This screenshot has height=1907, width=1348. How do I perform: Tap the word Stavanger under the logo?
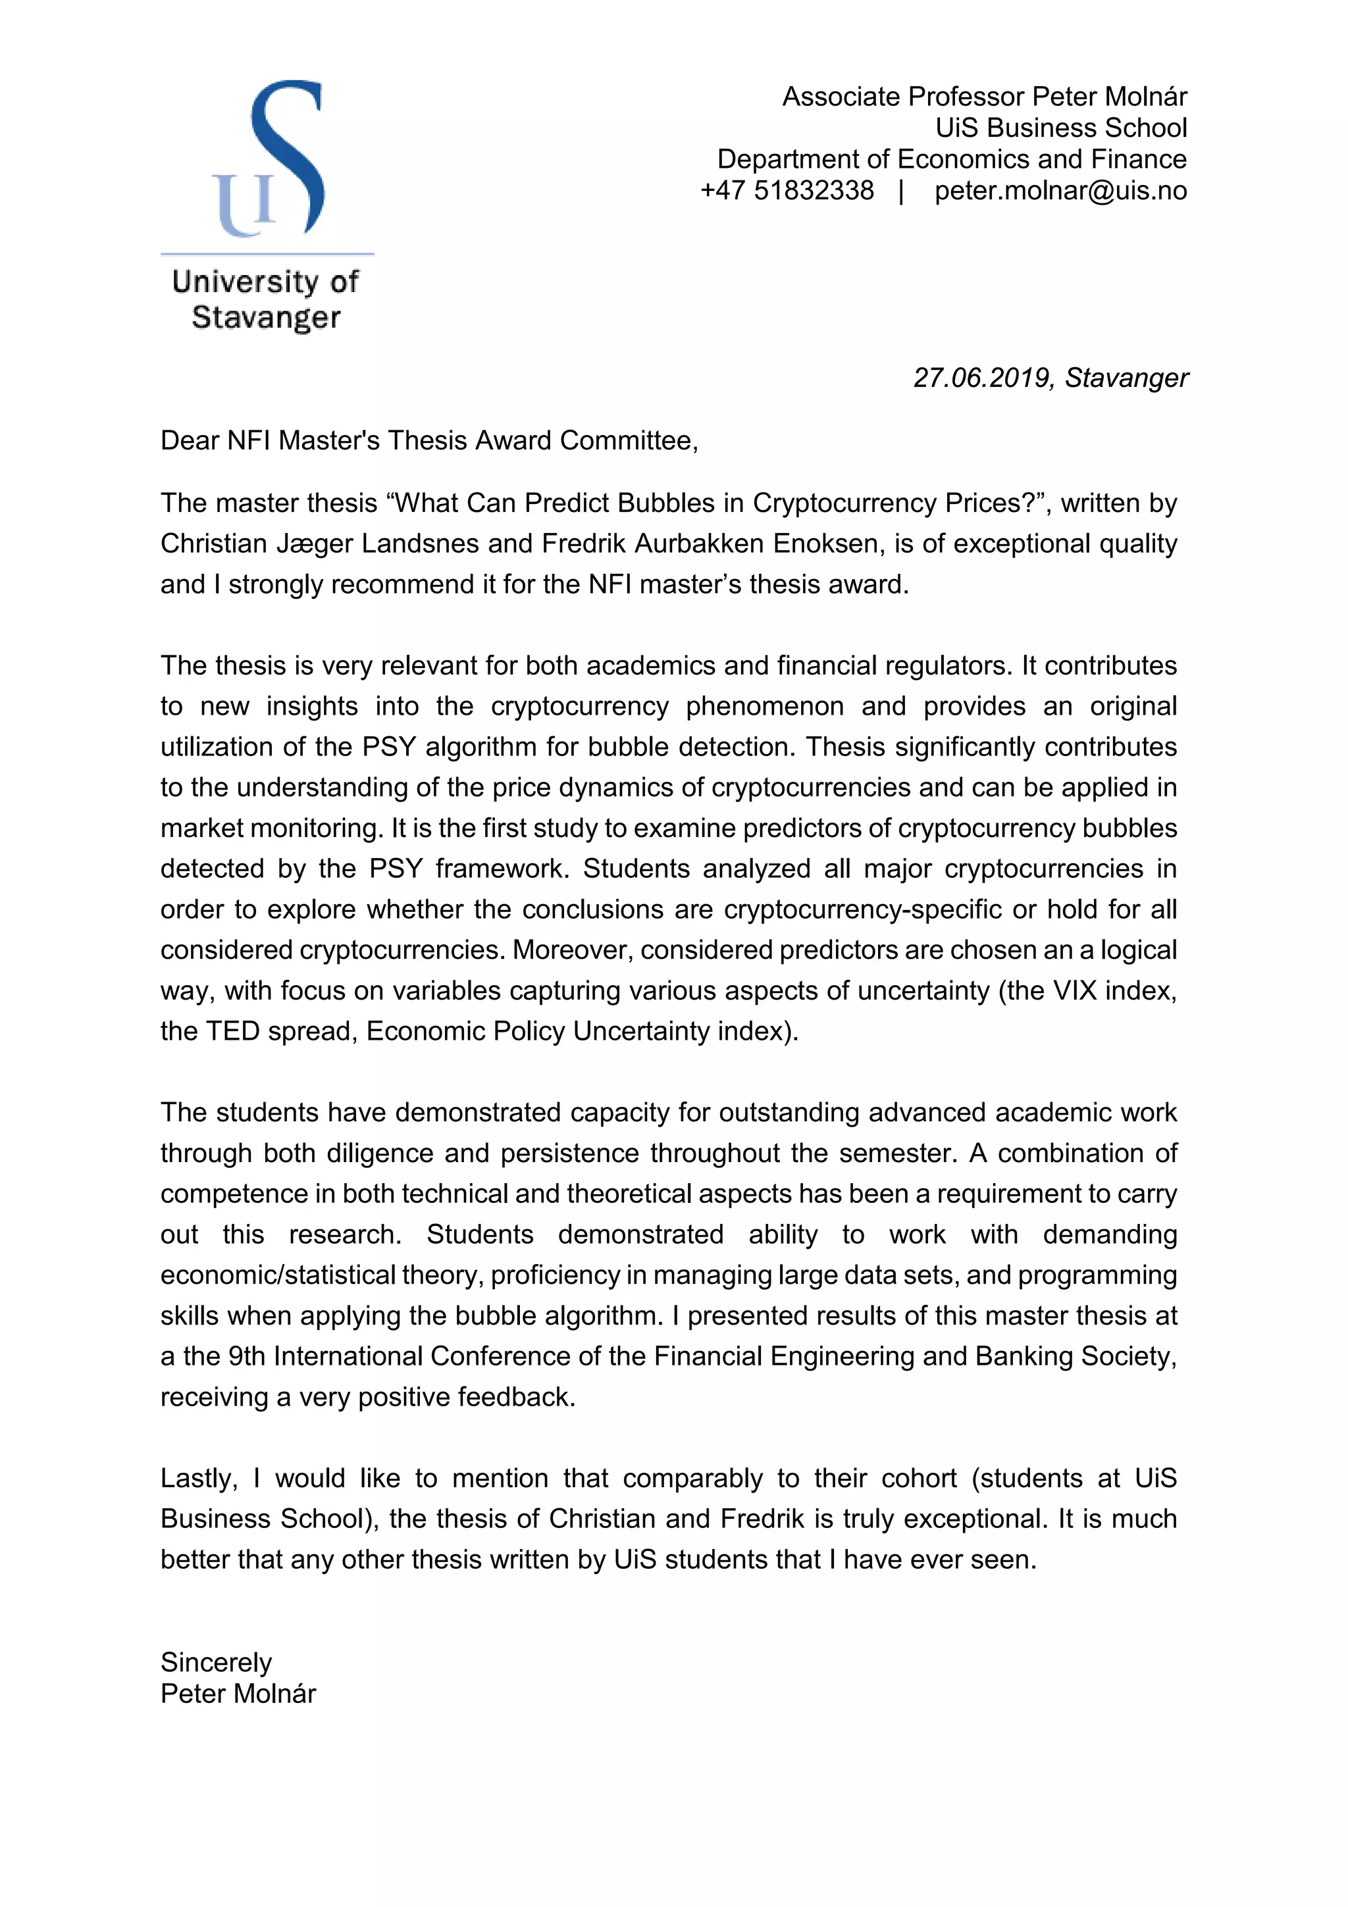[x=266, y=317]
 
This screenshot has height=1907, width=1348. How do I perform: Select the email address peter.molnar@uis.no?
[x=1060, y=190]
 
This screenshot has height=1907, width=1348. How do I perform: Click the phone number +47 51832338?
[x=787, y=190]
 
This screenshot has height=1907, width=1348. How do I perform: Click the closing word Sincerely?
[x=216, y=1662]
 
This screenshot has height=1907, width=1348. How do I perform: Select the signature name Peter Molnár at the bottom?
[x=238, y=1694]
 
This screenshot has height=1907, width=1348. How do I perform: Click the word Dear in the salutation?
[x=190, y=440]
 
